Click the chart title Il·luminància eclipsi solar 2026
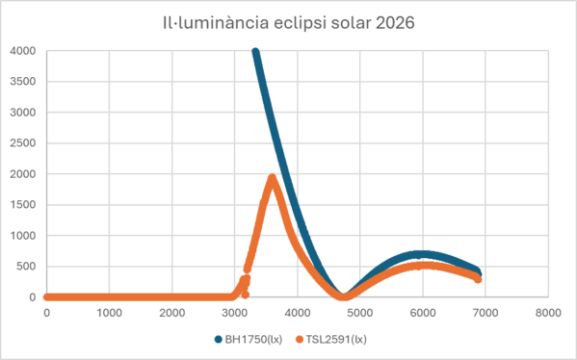tap(289, 23)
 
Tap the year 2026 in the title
tap(395, 23)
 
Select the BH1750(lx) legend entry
tap(249, 339)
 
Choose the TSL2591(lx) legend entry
tap(331, 339)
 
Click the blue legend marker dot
tap(219, 340)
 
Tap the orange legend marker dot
tap(300, 340)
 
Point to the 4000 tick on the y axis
tap(23, 51)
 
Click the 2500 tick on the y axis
tap(23, 143)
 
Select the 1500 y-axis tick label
tap(23, 205)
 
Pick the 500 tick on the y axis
tap(26, 267)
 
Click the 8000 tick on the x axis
tap(548, 313)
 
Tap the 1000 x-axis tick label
tap(109, 313)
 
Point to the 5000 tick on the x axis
tap(360, 313)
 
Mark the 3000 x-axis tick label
tap(235, 313)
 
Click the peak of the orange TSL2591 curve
tap(273, 178)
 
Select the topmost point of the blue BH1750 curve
tap(255, 52)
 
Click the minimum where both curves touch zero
tap(343, 296)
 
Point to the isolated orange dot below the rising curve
tap(246, 295)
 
